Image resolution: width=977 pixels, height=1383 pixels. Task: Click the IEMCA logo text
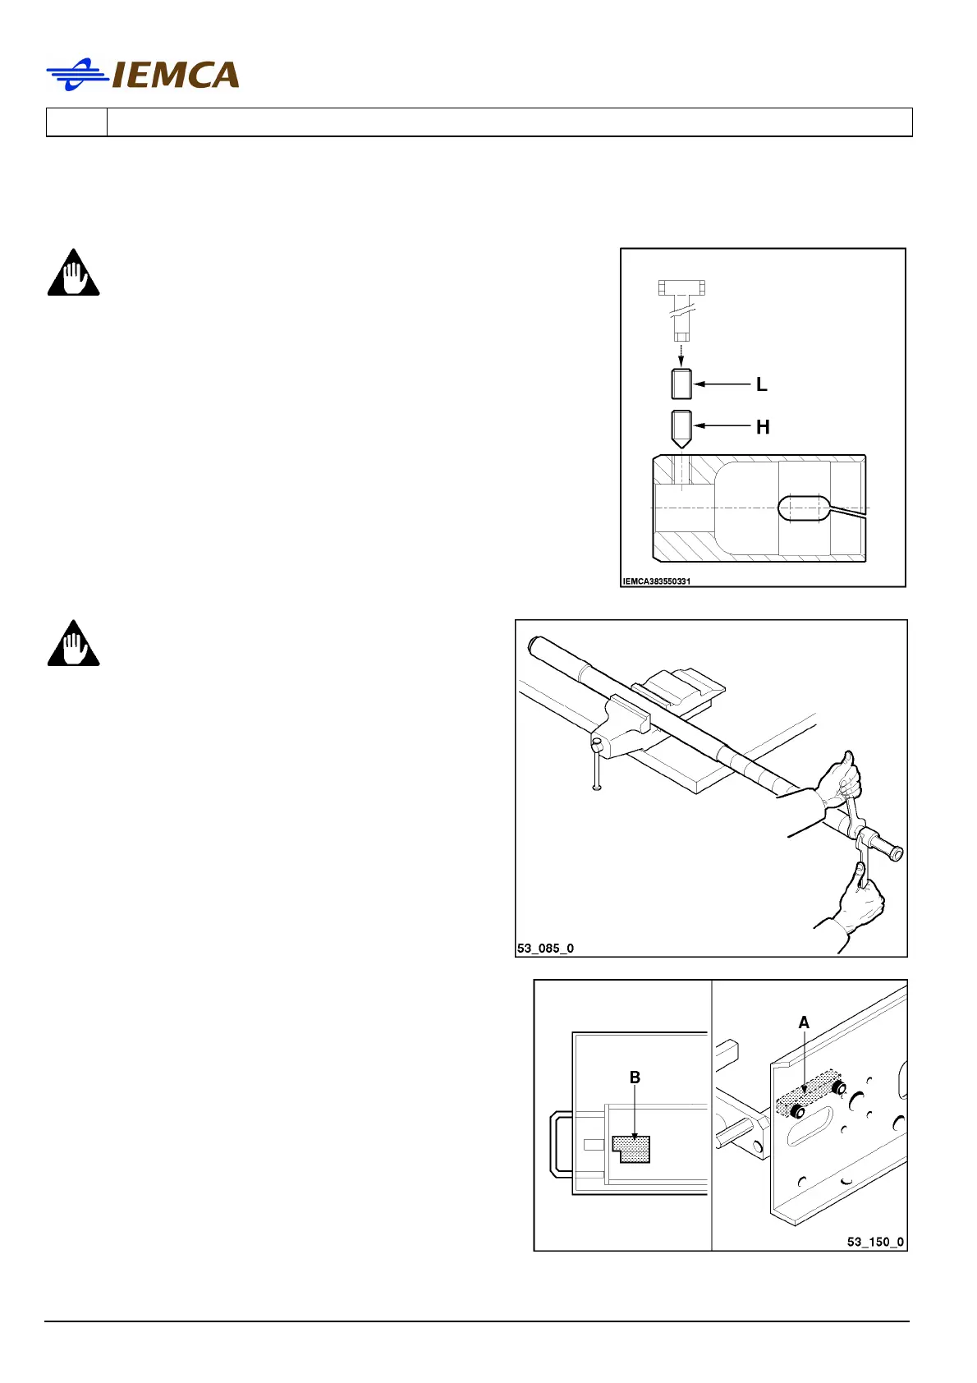coord(175,76)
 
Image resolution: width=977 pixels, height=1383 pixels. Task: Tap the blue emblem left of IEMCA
coord(77,75)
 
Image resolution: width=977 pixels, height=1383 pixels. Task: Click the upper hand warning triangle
coord(73,273)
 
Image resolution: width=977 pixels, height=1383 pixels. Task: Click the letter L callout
coord(761,384)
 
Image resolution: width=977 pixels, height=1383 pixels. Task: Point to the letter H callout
coord(763,427)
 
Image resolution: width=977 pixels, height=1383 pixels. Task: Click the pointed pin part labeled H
coord(681,427)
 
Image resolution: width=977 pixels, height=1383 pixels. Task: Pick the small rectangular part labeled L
coord(681,384)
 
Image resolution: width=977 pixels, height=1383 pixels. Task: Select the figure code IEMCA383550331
coord(656,581)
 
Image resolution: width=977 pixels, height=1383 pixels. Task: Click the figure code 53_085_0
coord(545,948)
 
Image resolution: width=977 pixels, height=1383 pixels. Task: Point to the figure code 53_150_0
coord(875,1242)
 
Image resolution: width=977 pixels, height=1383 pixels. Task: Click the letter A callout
coord(804,1022)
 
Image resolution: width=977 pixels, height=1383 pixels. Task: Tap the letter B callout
coord(635,1077)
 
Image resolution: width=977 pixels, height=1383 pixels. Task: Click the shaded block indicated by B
coord(632,1148)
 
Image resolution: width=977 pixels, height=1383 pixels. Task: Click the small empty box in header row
coord(76,122)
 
